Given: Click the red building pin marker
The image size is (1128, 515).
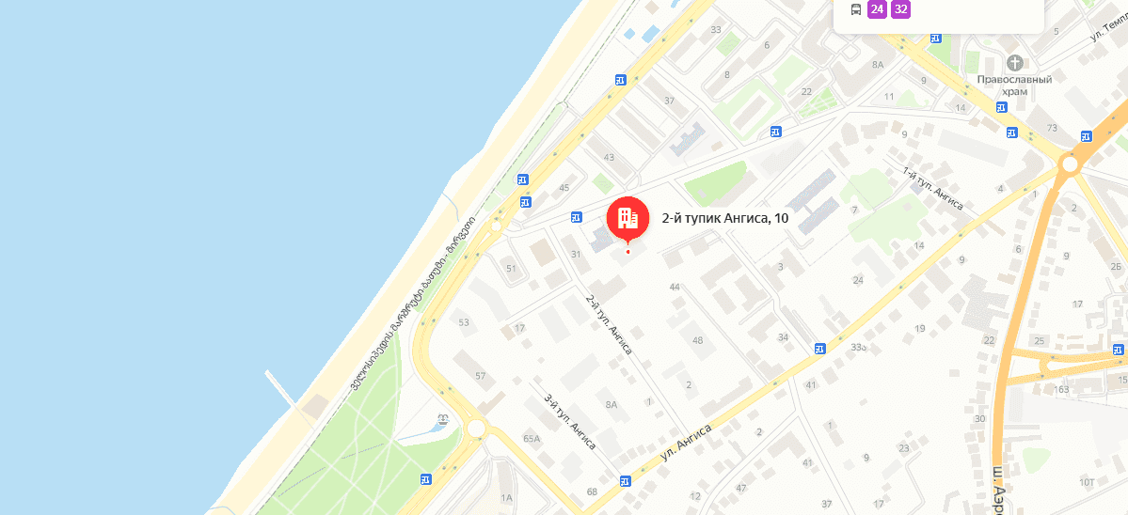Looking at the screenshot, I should [x=628, y=218].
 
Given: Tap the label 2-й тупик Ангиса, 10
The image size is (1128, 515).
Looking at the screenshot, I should [x=725, y=219].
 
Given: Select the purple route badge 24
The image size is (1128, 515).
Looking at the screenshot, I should [x=877, y=10].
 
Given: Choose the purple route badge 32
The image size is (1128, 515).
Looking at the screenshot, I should [x=901, y=10].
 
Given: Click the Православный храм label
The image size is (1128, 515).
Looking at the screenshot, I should [x=1013, y=86].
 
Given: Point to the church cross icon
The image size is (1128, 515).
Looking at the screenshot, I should [x=1015, y=63].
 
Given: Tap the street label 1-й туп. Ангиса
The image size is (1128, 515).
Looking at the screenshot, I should [x=933, y=189].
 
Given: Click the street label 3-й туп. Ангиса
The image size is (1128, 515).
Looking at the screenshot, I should [x=570, y=420].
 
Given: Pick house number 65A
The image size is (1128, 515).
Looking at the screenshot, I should [x=532, y=439].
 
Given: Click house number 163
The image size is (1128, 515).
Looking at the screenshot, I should [x=1062, y=389].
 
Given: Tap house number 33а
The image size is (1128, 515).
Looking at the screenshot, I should [x=858, y=348].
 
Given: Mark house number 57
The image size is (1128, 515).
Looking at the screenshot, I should [x=481, y=376].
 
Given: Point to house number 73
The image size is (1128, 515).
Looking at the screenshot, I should [x=1052, y=128].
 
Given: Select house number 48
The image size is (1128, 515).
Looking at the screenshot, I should [x=697, y=339].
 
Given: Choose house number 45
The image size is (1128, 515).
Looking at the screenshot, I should [x=564, y=188].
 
